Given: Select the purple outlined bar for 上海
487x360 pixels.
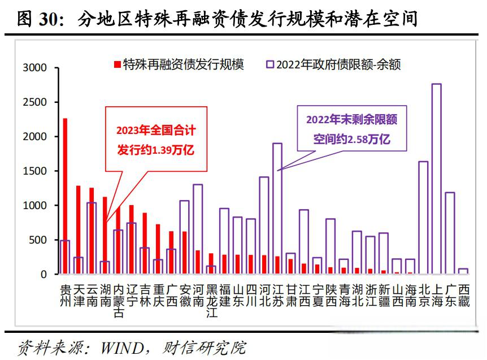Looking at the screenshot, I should [x=436, y=179].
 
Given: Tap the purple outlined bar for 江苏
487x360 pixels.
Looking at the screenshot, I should [x=277, y=209].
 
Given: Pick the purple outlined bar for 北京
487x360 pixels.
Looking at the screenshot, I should [x=423, y=218].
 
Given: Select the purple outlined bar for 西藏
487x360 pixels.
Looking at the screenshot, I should [x=463, y=271].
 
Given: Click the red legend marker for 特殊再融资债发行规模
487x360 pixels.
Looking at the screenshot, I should [x=117, y=64].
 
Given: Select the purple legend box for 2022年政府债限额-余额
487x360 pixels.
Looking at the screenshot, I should [x=269, y=64].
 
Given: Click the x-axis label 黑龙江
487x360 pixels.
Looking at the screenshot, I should [x=211, y=300].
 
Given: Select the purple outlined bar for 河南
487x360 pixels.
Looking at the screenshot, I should [x=198, y=229].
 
